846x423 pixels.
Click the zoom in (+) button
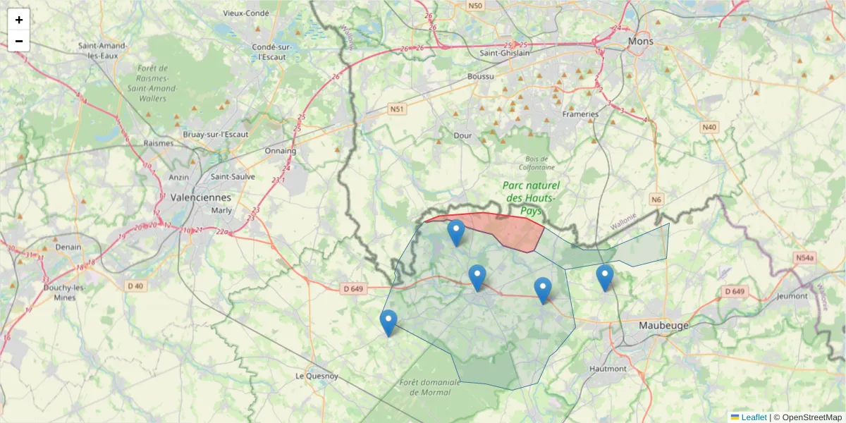coord(19,20)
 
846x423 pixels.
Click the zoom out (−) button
coord(19,41)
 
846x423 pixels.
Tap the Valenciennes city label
coord(200,197)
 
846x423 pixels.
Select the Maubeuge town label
coord(663,326)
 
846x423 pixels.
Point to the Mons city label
coord(641,42)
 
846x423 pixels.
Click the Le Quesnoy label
coord(317,376)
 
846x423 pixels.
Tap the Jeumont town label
coord(791,296)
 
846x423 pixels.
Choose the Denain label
coord(68,247)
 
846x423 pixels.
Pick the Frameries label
coord(580,114)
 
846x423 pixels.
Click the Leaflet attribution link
coord(753,417)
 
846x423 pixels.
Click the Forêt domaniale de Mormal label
coord(429,387)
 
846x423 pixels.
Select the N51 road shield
coord(397,109)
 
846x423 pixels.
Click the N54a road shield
coord(805,259)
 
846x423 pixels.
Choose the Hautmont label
coord(607,369)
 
